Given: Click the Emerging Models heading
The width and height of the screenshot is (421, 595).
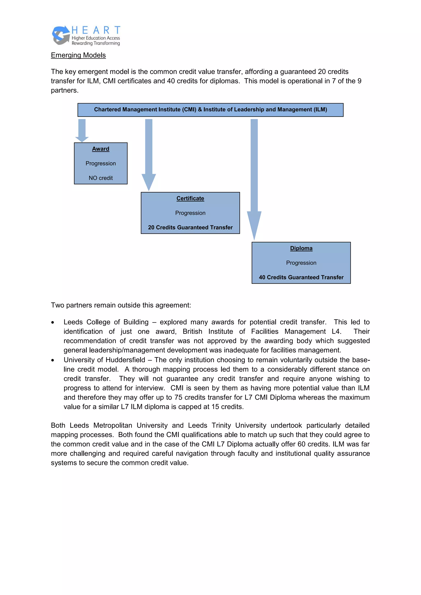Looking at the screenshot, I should click(x=78, y=55).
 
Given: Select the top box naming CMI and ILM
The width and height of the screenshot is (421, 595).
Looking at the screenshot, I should click(x=210, y=110).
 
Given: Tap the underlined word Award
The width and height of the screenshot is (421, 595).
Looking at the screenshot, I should click(x=101, y=149).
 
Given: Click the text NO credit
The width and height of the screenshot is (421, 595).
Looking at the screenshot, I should click(x=101, y=178).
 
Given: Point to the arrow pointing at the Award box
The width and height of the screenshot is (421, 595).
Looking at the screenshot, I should click(x=82, y=130).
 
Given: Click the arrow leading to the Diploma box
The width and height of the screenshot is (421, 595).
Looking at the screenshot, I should click(x=254, y=179).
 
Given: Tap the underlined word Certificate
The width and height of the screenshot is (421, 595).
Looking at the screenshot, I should click(x=190, y=198).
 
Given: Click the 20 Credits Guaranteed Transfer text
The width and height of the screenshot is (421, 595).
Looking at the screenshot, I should click(x=190, y=227).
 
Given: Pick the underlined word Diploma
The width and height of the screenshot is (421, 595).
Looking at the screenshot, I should click(x=301, y=248).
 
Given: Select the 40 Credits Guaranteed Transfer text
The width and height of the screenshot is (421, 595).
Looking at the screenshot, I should click(x=301, y=277).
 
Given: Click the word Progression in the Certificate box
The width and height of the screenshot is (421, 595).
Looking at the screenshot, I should click(x=190, y=213).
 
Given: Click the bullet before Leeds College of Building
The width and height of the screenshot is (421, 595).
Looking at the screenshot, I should click(x=53, y=323).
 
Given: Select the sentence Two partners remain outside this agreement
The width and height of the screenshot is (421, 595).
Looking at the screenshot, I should click(x=121, y=305).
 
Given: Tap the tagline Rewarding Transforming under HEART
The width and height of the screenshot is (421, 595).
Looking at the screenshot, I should click(x=96, y=43).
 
